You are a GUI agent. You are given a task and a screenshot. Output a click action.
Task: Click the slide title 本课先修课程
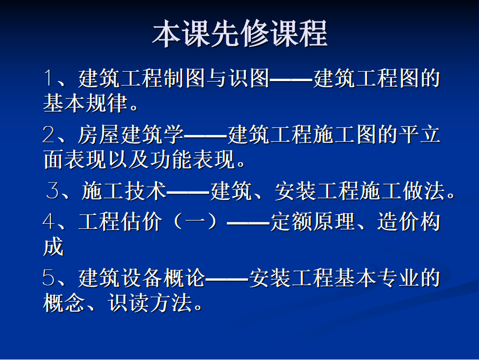click(240, 34)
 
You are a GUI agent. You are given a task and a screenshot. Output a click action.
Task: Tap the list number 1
click(48, 78)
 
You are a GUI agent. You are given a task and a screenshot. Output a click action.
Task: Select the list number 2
click(49, 134)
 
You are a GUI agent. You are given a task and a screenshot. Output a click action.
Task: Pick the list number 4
click(49, 221)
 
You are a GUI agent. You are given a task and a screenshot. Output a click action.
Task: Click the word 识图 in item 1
click(249, 78)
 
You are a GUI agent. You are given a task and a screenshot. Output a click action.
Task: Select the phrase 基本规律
click(85, 102)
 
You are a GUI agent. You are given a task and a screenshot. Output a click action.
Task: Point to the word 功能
click(171, 159)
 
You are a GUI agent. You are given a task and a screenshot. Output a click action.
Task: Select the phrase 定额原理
click(312, 221)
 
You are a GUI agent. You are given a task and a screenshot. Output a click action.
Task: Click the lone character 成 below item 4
click(53, 247)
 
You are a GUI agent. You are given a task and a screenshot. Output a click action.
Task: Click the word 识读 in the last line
click(129, 303)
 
